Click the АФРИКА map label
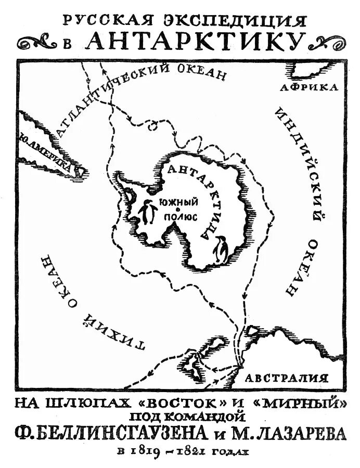coord(308,87)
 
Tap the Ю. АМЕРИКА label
coord(47,153)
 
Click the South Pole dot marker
coord(178,209)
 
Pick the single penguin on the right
coord(222,250)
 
